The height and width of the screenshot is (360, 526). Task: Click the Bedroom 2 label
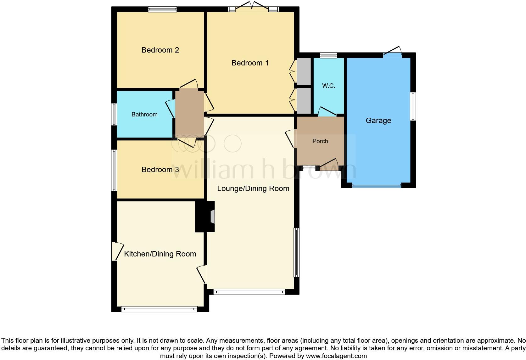coord(160,50)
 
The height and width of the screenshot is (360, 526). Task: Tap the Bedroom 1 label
coord(250,63)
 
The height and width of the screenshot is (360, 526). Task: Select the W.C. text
coord(328,86)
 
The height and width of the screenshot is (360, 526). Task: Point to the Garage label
coord(378,121)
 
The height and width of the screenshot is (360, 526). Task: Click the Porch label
coord(320,141)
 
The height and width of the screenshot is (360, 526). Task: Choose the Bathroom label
coord(144,115)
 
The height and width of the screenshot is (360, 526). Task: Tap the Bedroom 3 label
coord(160,170)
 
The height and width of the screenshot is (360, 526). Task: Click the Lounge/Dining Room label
coord(253,188)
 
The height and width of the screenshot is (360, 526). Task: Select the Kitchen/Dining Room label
coord(160,254)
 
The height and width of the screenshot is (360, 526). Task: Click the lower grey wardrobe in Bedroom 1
coord(304,100)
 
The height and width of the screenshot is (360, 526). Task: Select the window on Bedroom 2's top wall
coord(162,9)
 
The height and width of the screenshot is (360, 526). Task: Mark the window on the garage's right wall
coord(413,106)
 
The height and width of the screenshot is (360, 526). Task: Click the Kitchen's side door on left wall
coord(114,251)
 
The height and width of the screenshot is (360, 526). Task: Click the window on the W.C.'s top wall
coord(328,55)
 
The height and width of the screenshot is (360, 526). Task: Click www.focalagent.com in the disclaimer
coord(336,356)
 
